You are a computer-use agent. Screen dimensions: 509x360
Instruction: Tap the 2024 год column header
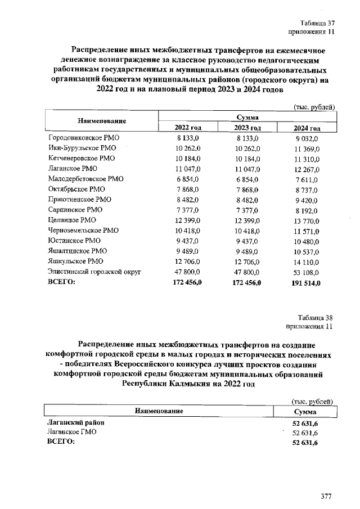[307, 128]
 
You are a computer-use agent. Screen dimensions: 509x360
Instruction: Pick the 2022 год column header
[188, 128]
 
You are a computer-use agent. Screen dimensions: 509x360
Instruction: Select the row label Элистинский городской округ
[94, 272]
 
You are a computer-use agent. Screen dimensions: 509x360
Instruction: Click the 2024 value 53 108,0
[307, 272]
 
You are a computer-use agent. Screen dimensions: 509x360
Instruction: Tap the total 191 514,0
[307, 283]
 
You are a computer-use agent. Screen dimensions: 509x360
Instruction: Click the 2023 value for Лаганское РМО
[247, 169]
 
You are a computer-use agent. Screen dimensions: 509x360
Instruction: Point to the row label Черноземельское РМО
[83, 231]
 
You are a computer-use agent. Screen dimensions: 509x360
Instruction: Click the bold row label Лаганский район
[76, 422]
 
